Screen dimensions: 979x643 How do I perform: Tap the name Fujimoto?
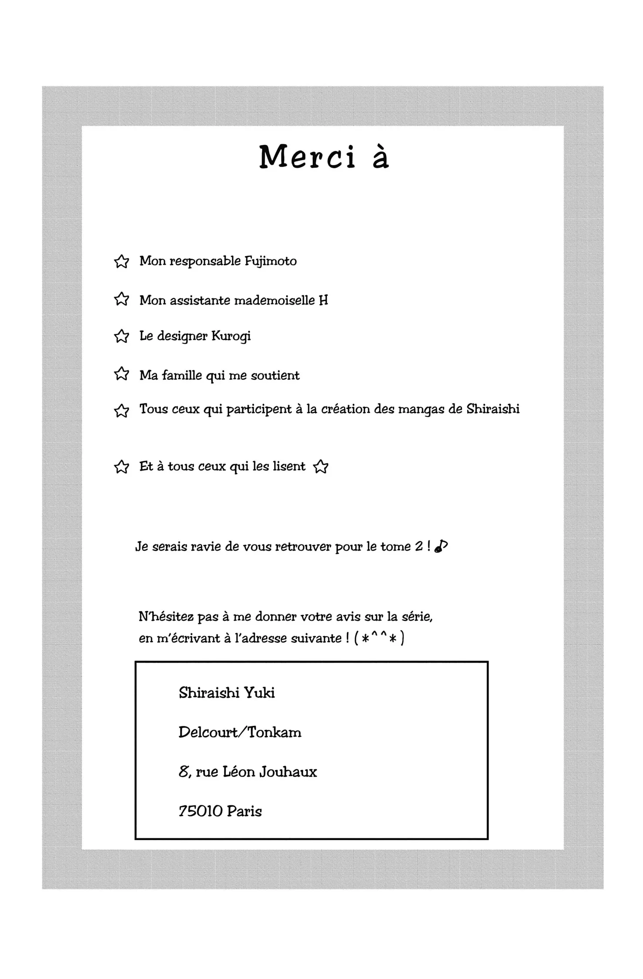271,261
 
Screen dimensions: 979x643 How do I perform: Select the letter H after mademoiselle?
323,300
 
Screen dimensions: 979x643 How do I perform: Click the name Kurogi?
231,336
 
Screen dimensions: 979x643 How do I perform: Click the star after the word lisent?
321,467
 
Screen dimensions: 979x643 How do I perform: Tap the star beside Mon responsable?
121,262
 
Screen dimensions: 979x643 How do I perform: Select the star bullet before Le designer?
121,336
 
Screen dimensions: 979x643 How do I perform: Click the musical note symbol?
441,546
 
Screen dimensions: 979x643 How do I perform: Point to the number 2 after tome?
419,546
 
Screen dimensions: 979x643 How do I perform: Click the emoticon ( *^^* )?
379,638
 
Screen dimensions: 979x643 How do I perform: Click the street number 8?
184,772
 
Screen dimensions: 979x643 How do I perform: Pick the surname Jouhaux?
288,772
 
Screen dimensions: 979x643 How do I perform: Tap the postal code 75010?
201,811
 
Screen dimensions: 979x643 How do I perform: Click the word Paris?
244,811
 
